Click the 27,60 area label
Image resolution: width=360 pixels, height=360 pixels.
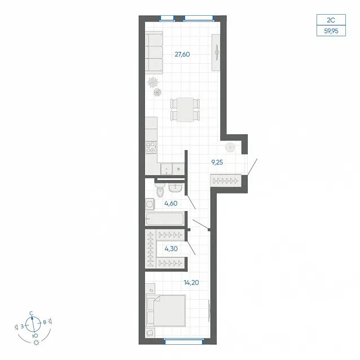[x=182, y=54]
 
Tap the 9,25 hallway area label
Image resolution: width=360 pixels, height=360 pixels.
[x=217, y=163]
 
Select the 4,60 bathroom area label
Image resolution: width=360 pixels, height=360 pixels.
[x=171, y=204]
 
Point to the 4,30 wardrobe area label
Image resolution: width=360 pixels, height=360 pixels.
[x=171, y=249]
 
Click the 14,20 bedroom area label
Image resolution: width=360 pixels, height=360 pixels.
[x=191, y=283]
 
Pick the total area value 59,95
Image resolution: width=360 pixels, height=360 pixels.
[x=331, y=31]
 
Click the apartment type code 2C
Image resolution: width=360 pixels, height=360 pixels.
[x=331, y=20]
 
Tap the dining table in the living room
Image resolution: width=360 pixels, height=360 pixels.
[x=185, y=109]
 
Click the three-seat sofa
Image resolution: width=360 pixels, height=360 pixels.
[x=154, y=52]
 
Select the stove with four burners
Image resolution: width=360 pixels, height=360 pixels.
[x=151, y=147]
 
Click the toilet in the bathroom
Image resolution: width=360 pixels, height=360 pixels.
[x=160, y=190]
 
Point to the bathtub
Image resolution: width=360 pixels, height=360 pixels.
[x=165, y=218]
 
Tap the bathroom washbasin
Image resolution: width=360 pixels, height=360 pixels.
[x=175, y=188]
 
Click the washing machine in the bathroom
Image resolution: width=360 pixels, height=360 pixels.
[x=150, y=204]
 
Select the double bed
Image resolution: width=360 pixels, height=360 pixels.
[x=166, y=311]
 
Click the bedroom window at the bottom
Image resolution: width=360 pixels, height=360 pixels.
[x=184, y=342]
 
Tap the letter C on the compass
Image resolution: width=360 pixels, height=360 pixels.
[x=32, y=313]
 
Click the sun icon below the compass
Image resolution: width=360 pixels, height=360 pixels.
[x=36, y=343]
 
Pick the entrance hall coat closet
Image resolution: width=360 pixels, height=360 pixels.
[x=226, y=181]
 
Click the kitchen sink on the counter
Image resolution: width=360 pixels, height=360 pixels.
[x=166, y=169]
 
